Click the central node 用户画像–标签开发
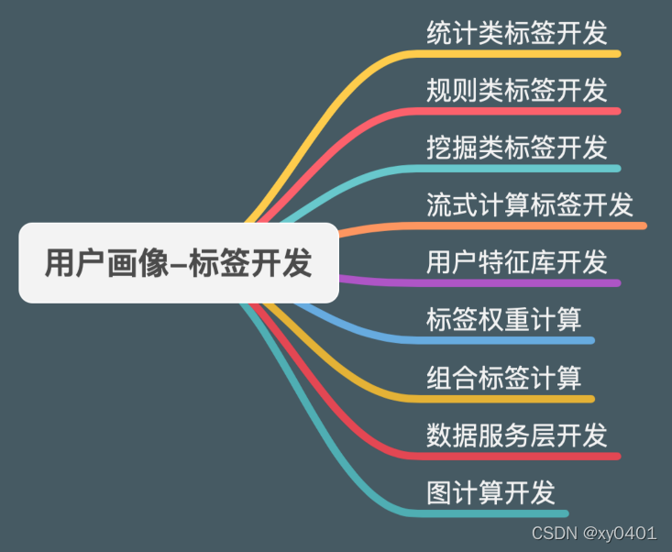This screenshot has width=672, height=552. click(179, 263)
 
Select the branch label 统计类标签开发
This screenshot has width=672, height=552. click(517, 33)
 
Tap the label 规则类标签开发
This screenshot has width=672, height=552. click(517, 90)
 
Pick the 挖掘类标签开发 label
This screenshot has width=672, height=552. click(517, 147)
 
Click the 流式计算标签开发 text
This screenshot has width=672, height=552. click(530, 204)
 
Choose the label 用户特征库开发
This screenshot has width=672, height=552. click(517, 261)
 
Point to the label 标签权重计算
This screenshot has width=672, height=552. click(504, 319)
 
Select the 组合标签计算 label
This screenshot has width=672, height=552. click(504, 377)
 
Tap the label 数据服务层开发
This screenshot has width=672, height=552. click(517, 434)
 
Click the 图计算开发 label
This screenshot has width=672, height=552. click(491, 491)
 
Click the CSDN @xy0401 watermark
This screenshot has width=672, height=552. click(595, 533)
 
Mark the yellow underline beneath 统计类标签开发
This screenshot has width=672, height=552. click(523, 54)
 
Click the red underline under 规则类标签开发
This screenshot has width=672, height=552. click(523, 111)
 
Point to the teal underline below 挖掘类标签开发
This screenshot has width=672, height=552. click(523, 169)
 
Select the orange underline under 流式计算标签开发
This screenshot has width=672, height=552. click(532, 226)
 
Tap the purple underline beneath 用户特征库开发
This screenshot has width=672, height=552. click(523, 282)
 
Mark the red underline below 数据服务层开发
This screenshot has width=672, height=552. click(523, 456)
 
